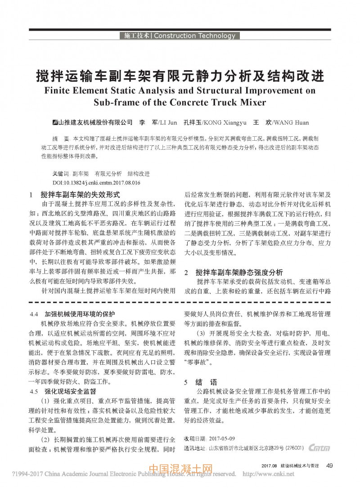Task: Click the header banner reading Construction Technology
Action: point(180,36)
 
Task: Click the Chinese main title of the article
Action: point(180,75)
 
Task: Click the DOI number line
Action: point(97,183)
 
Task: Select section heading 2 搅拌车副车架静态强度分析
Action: point(234,272)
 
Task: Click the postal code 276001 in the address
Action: point(295,448)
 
